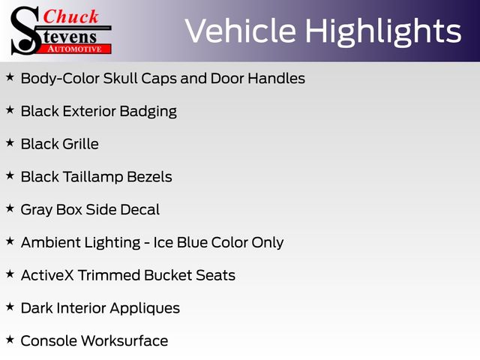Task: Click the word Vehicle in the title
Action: pyautogui.click(x=241, y=31)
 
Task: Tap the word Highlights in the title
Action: pyautogui.click(x=383, y=32)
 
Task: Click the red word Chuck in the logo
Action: pyautogui.click(x=70, y=16)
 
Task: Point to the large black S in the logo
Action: pyautogui.click(x=25, y=31)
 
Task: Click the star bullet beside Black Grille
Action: pyautogui.click(x=10, y=142)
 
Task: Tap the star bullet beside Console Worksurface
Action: pyautogui.click(x=10, y=340)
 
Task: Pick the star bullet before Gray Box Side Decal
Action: pyautogui.click(x=10, y=208)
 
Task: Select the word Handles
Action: pyautogui.click(x=277, y=78)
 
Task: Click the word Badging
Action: pyautogui.click(x=148, y=112)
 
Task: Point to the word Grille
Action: pyautogui.click(x=81, y=144)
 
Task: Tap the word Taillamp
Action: pyautogui.click(x=93, y=178)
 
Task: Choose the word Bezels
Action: pyautogui.click(x=150, y=177)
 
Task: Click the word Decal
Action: pyautogui.click(x=140, y=210)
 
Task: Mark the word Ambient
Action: pyautogui.click(x=50, y=242)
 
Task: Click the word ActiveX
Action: pyautogui.click(x=47, y=275)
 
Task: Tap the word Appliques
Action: pyautogui.click(x=145, y=309)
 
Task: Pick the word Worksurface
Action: pyautogui.click(x=124, y=340)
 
